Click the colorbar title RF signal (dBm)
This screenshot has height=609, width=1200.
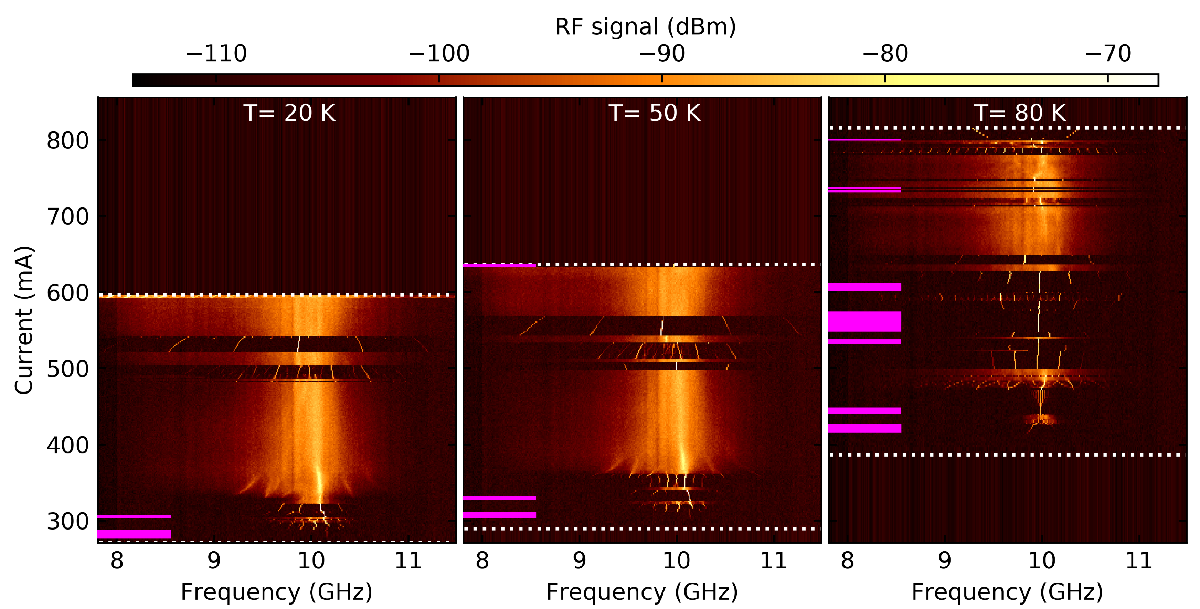645,26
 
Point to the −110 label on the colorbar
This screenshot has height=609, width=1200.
216,54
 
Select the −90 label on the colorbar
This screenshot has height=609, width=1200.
662,54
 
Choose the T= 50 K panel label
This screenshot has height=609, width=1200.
654,113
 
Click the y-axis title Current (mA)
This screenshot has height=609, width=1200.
23,320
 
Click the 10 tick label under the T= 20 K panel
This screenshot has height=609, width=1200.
311,560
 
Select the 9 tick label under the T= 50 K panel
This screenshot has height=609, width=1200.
579,560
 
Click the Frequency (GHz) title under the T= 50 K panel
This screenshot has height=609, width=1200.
641,592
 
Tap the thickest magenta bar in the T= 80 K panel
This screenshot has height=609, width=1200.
864,321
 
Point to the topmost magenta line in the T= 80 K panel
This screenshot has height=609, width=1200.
864,139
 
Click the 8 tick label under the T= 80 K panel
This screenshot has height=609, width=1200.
847,560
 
